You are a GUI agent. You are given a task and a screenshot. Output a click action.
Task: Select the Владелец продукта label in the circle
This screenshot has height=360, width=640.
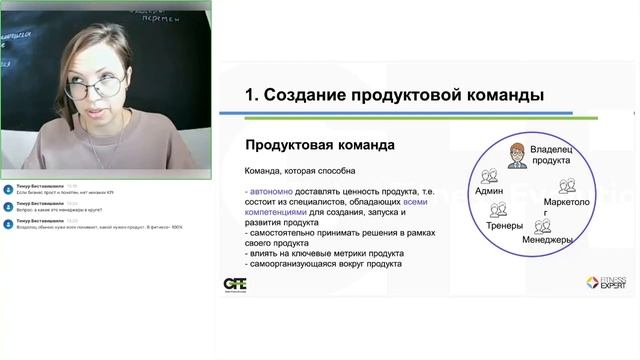(x=551, y=154)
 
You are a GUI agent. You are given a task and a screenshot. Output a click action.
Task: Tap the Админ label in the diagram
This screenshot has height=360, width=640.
(x=490, y=190)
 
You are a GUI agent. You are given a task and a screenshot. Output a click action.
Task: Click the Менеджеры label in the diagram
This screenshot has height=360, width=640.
(x=547, y=240)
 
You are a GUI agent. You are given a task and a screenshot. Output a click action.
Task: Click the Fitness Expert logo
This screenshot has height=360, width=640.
(x=606, y=283)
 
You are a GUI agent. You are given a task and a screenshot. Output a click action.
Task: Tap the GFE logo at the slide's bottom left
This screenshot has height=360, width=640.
(x=235, y=284)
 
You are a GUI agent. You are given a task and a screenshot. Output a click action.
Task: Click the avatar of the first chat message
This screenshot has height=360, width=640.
(x=8, y=188)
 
